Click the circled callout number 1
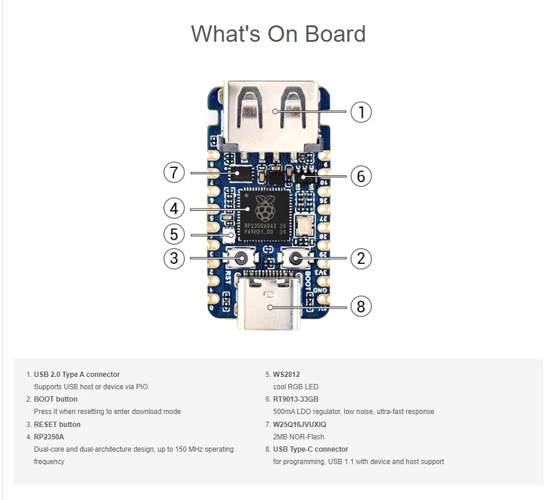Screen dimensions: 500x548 pyautogui.click(x=361, y=112)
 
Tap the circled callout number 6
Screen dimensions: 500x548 pyautogui.click(x=361, y=176)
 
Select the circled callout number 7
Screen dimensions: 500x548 pyautogui.click(x=174, y=173)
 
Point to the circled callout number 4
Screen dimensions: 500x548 pyautogui.click(x=174, y=208)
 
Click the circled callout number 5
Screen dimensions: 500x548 pyautogui.click(x=174, y=234)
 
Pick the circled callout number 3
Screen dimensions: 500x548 pyautogui.click(x=174, y=258)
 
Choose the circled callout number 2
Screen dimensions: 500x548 pyautogui.click(x=361, y=258)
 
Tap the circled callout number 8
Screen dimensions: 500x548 pyautogui.click(x=361, y=306)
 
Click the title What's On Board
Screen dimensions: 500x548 pyautogui.click(x=278, y=34)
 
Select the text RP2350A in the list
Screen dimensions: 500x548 pyautogui.click(x=49, y=437)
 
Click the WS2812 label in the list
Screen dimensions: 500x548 pyautogui.click(x=287, y=375)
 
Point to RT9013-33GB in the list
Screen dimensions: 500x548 pyautogui.click(x=295, y=399)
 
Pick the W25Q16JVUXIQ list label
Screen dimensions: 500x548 pyautogui.click(x=300, y=425)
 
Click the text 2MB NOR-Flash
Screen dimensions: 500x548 pyautogui.click(x=298, y=437)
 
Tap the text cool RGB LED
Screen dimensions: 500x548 pyautogui.click(x=295, y=387)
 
